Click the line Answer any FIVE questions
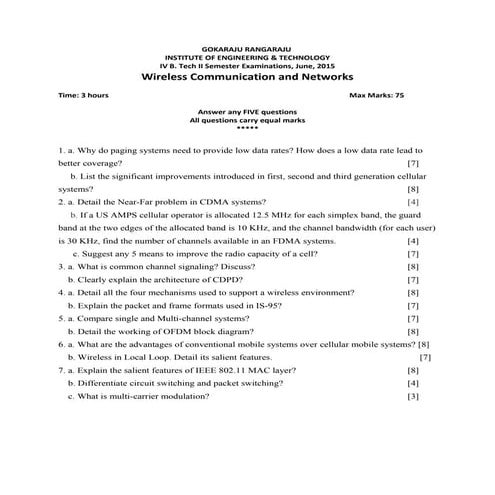tap(246, 111)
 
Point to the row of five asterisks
tap(246, 127)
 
